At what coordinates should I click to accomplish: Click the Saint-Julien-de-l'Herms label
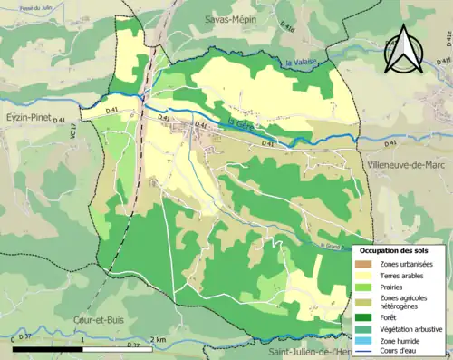point(326,351)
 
